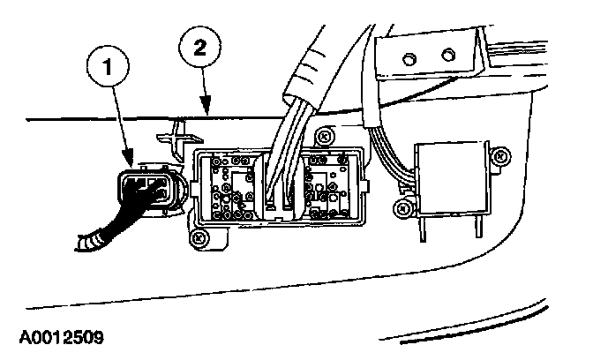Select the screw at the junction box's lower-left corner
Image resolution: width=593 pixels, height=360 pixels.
coord(200,236)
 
